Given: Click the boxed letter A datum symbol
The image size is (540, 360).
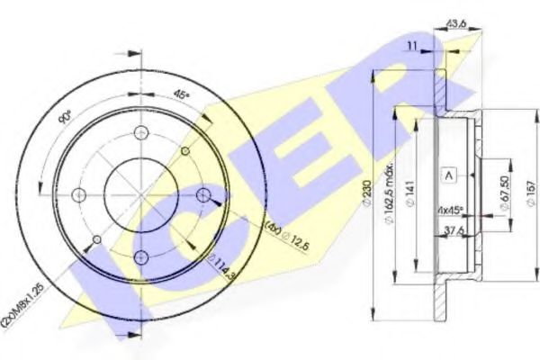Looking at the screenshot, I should pos(447,175).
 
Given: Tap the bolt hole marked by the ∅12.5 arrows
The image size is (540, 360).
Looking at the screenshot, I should pos(203,195).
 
